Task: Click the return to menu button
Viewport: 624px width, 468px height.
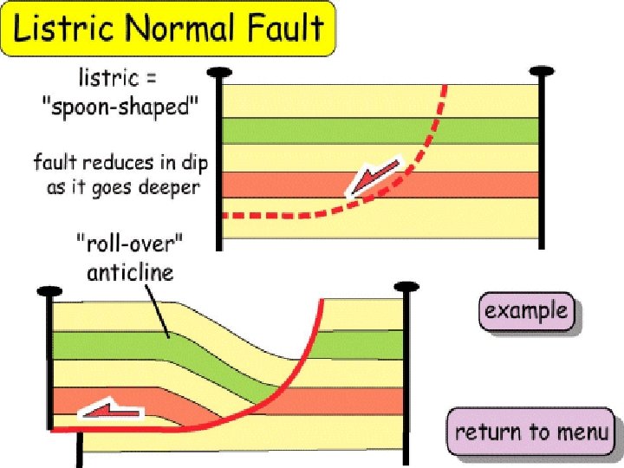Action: tap(532, 432)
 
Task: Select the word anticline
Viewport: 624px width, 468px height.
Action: tap(130, 272)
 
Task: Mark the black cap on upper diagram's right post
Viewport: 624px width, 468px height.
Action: tap(543, 70)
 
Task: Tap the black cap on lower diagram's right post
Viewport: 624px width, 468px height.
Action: tap(406, 286)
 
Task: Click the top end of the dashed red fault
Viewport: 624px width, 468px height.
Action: tap(445, 86)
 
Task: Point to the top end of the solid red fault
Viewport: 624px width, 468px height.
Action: tap(322, 301)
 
